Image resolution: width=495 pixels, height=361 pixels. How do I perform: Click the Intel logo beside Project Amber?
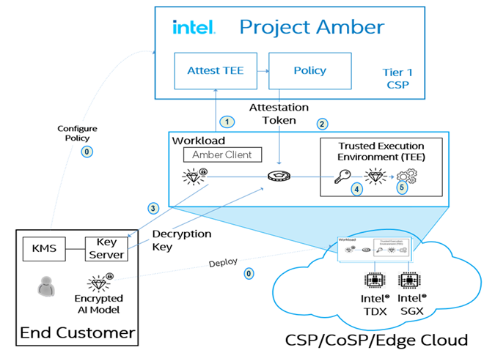193,28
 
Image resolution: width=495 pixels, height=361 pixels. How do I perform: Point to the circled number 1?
229,121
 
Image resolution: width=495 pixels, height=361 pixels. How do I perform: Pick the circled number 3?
153,208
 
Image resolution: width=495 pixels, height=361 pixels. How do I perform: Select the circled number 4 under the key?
357,189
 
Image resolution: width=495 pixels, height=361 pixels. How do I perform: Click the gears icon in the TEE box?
406,176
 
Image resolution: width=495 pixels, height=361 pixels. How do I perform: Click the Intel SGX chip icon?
410,280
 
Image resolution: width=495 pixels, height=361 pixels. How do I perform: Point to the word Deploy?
224,263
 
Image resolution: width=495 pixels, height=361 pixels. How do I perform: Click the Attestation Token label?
273,113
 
